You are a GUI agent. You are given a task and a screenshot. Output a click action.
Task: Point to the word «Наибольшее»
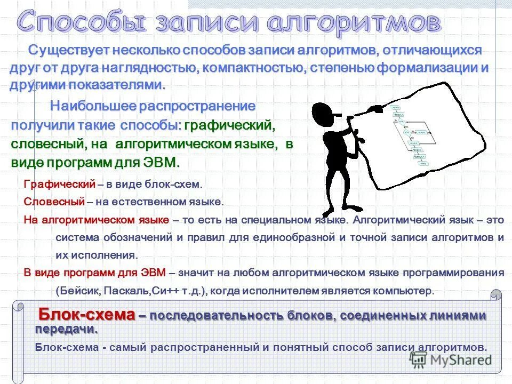pos(93,106)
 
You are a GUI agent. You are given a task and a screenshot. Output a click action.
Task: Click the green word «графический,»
pos(229,125)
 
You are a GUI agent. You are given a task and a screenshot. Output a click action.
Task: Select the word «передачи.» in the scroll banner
pos(67,328)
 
